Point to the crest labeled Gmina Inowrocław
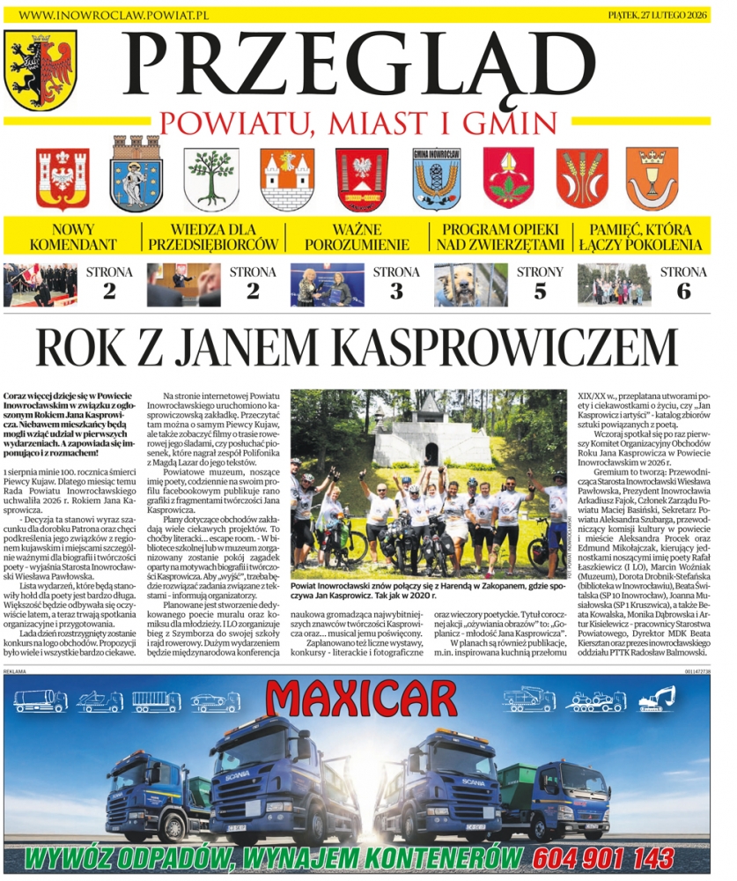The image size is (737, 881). (x=437, y=177)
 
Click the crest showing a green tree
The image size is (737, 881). (x=210, y=177)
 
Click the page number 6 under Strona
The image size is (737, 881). (x=683, y=292)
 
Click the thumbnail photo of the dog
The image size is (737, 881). (x=470, y=285)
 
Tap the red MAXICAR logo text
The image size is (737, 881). (x=369, y=700)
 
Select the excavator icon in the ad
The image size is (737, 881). (x=656, y=699)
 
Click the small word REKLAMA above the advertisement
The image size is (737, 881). (x=15, y=670)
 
